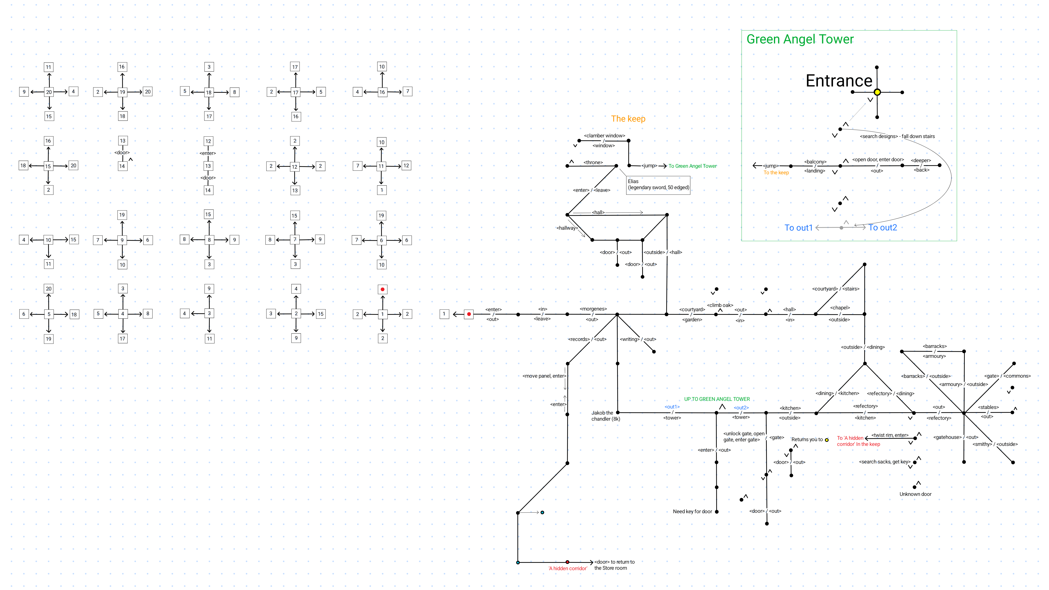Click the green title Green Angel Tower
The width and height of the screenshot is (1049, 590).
click(800, 39)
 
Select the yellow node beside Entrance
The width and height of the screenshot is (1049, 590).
click(877, 92)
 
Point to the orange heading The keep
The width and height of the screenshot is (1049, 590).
click(628, 119)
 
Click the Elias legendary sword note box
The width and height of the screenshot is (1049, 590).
click(658, 184)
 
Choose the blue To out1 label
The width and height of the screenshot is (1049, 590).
click(798, 228)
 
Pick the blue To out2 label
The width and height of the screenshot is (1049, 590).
click(883, 228)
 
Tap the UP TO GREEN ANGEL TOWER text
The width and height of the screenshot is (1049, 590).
click(717, 399)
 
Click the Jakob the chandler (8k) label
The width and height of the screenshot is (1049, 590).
click(605, 416)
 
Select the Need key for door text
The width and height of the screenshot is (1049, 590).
click(692, 511)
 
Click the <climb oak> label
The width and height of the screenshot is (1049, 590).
click(720, 305)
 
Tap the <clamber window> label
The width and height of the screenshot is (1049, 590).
click(604, 136)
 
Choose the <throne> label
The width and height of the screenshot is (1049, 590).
click(593, 162)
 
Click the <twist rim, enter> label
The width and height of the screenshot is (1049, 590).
click(890, 435)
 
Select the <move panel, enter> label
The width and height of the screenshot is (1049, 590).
click(544, 376)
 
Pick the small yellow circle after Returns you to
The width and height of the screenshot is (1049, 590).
click(827, 440)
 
